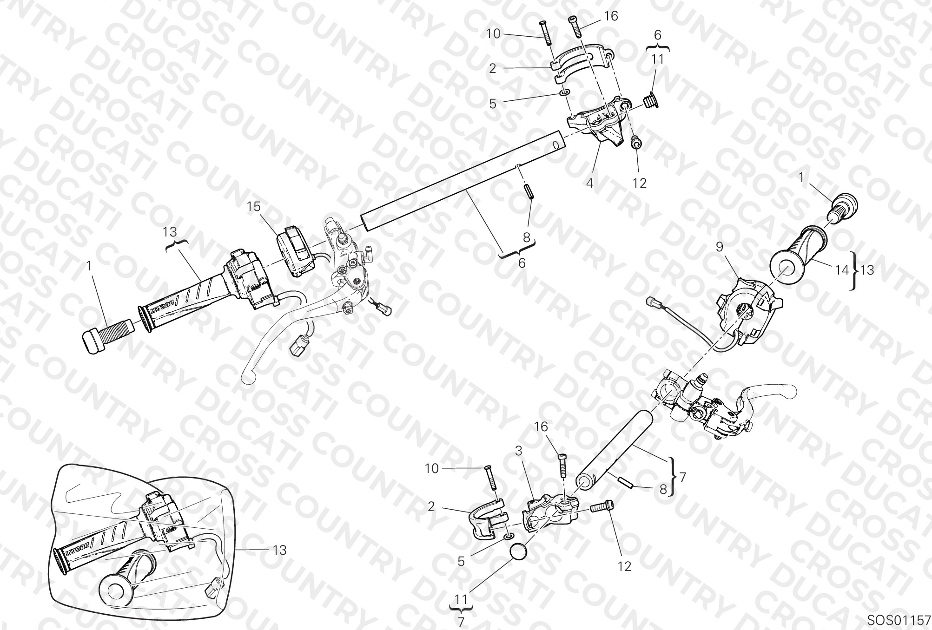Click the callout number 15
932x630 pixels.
(x=254, y=207)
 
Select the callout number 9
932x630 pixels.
(x=720, y=247)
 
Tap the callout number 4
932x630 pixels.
(x=589, y=183)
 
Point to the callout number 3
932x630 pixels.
(x=519, y=451)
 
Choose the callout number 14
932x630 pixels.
(x=842, y=269)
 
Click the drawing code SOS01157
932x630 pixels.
(x=898, y=620)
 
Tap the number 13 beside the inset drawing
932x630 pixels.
(x=279, y=550)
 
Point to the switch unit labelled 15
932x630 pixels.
(x=297, y=251)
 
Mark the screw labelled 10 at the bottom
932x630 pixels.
(x=490, y=478)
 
